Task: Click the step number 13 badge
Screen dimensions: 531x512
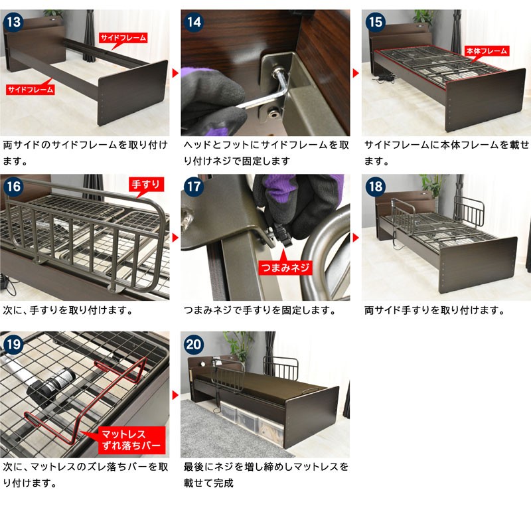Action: [x=13, y=22]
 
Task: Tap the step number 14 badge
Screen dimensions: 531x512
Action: [x=194, y=22]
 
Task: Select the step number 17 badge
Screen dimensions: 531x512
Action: [x=194, y=187]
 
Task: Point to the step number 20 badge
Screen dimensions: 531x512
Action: [x=194, y=344]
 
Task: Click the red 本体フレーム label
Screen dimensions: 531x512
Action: [x=487, y=51]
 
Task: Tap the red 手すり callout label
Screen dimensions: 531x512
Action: [x=145, y=185]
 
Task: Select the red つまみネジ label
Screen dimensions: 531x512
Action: [x=285, y=268]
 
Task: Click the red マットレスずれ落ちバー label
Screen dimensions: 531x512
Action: [x=131, y=440]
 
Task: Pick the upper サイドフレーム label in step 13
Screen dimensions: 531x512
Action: [x=123, y=38]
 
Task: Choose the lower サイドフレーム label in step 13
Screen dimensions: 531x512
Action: [x=31, y=90]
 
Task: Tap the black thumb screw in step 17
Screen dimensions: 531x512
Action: [x=281, y=234]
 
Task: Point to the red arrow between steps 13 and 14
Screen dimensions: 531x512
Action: [x=175, y=73]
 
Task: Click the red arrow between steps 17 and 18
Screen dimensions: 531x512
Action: [x=356, y=238]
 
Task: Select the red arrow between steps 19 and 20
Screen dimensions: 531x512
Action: [x=175, y=395]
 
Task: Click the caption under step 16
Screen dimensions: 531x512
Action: [x=68, y=310]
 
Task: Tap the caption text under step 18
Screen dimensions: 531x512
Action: [x=435, y=310]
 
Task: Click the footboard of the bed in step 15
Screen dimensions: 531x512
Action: [x=486, y=99]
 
